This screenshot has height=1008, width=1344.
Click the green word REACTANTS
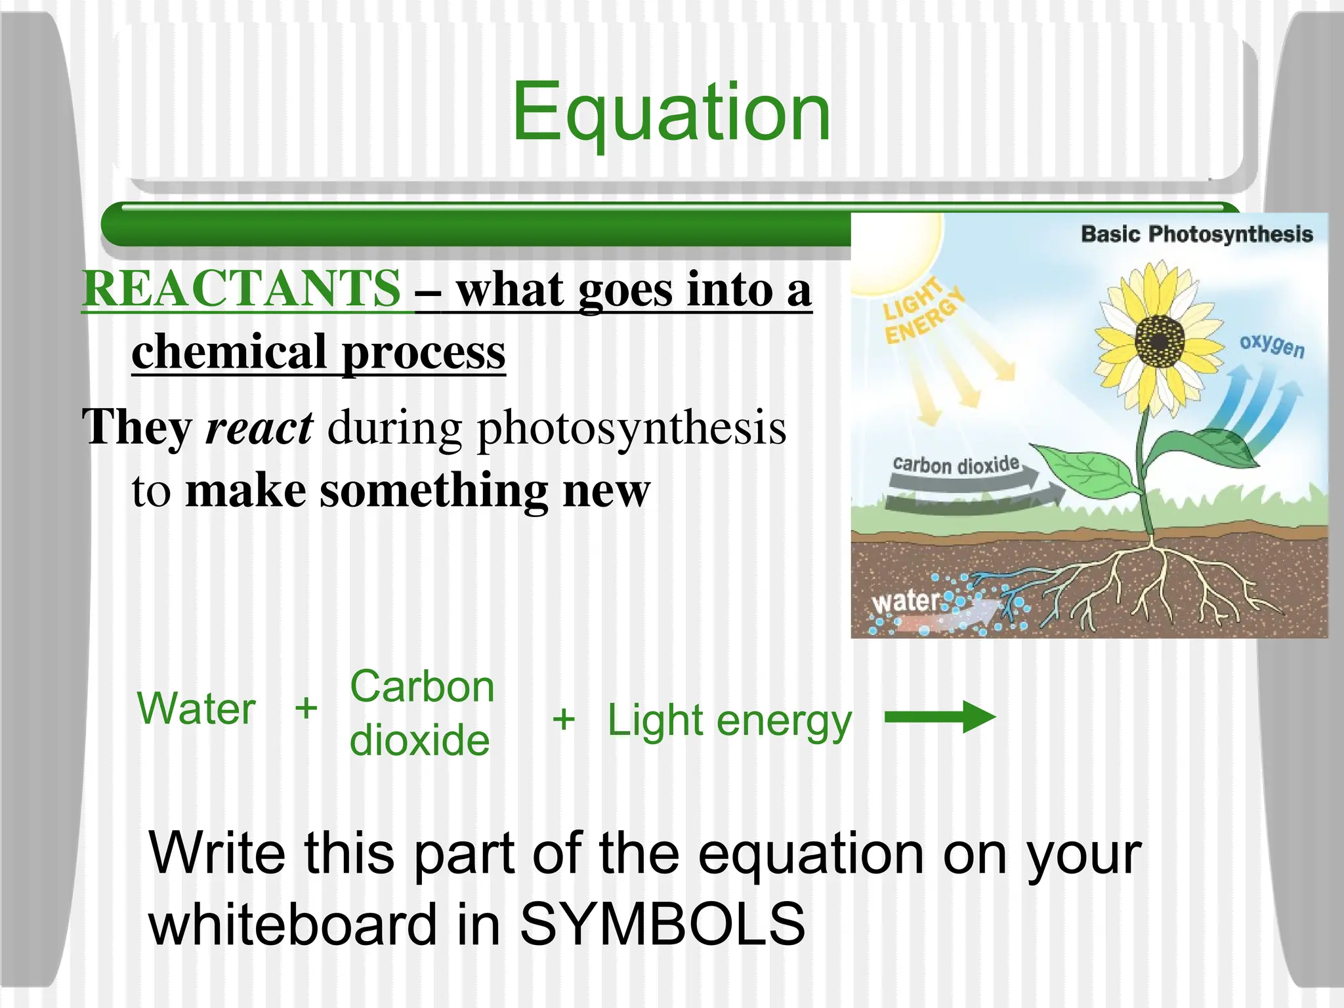click(241, 289)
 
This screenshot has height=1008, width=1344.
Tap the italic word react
click(259, 428)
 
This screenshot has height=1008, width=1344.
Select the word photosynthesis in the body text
click(631, 428)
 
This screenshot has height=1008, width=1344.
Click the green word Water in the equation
click(196, 709)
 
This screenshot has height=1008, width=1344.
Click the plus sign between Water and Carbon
click(306, 709)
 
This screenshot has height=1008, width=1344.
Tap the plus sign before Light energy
click(563, 719)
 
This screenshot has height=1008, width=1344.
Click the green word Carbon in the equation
click(422, 687)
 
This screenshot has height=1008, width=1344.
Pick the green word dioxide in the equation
click(419, 740)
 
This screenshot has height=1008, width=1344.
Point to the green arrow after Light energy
click(939, 717)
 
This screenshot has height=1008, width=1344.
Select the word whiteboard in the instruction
click(293, 924)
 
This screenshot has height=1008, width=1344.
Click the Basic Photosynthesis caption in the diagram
click(1196, 234)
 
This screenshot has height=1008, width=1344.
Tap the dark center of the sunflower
click(1160, 341)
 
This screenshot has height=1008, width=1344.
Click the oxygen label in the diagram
click(1271, 345)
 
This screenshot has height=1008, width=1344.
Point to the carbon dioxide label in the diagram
click(955, 465)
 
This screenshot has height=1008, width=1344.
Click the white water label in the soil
click(905, 600)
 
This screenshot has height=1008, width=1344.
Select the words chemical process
click(319, 352)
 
